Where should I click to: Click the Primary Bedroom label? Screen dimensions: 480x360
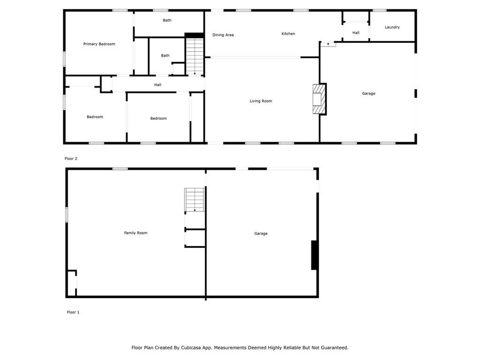[99, 44]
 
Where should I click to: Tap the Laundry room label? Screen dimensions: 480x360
[392, 27]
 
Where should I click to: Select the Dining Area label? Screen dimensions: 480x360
[223, 35]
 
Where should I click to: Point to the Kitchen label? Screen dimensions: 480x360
[288, 34]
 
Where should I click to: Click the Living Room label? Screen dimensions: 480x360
[261, 101]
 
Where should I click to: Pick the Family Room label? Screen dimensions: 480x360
[135, 233]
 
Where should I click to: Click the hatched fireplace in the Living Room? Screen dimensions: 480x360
[319, 99]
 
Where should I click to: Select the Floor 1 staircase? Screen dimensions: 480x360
[195, 200]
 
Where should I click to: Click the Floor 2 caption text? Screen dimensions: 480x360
[71, 158]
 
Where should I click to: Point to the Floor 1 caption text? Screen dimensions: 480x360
[73, 312]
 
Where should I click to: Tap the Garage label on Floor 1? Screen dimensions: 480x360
[261, 233]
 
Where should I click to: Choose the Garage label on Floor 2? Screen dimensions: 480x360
[368, 94]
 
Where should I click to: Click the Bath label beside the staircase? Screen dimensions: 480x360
[165, 56]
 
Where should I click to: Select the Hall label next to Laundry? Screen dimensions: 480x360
[356, 33]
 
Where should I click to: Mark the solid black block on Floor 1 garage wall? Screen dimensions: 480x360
[314, 255]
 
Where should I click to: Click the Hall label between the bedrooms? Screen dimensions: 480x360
[157, 85]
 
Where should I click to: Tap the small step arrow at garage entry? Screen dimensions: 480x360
[328, 45]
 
